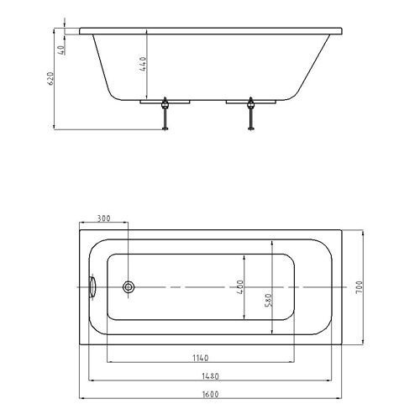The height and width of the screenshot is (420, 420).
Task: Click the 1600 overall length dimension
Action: [210, 394]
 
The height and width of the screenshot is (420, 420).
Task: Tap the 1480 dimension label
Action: [210, 376]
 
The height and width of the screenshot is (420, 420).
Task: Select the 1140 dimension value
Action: [201, 358]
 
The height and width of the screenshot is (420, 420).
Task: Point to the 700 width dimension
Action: [359, 287]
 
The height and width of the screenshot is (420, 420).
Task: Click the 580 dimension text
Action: [268, 300]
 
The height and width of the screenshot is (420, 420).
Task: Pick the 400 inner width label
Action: [240, 286]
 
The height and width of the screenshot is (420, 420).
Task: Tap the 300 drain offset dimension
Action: [104, 218]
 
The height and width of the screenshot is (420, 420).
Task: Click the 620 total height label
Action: [50, 79]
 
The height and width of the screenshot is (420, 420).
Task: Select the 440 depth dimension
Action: [143, 64]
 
